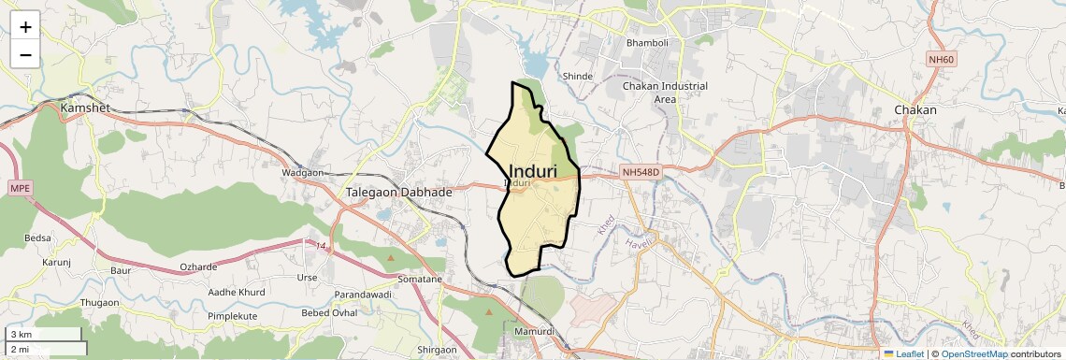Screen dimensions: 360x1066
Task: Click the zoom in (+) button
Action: coord(25,26)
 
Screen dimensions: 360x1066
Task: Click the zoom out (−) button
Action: coord(25,54)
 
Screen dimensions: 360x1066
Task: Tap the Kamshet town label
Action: coord(85,108)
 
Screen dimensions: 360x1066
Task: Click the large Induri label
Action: coord(533,171)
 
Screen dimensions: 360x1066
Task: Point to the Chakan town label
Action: coord(915,109)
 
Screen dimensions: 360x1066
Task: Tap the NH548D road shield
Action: coord(641,172)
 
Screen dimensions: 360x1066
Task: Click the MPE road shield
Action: coord(20,188)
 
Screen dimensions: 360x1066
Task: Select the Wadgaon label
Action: coord(302,173)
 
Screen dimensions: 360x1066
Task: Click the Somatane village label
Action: coord(420,279)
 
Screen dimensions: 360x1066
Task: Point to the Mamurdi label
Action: coord(535,332)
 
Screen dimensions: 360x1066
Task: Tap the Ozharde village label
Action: coord(198,267)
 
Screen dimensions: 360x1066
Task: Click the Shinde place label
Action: coord(577,76)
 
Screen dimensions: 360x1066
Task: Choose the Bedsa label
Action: coord(37,238)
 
